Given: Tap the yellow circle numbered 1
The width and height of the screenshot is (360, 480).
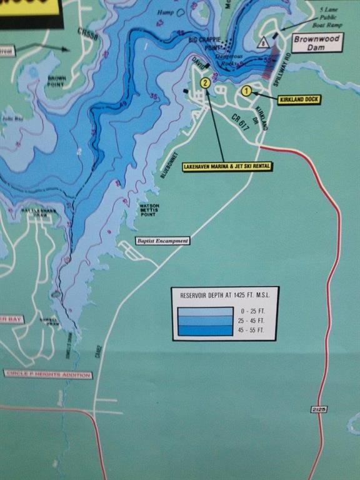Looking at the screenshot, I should coord(246,90).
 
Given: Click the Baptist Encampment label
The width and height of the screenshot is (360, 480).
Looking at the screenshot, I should coord(162,241).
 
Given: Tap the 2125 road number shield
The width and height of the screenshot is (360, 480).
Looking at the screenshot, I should coord(318,409).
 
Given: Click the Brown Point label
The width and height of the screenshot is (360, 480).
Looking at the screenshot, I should coord(57,81).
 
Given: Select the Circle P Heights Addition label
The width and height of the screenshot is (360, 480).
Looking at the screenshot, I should coord(47,375).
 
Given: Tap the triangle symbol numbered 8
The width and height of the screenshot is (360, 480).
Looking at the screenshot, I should coord(264,43).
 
